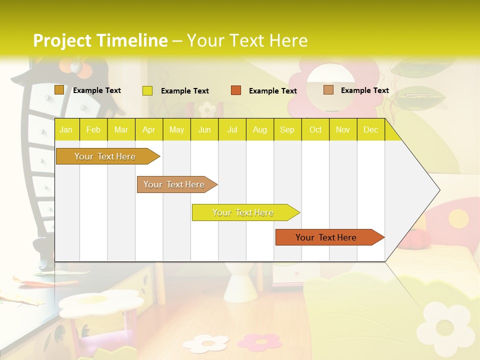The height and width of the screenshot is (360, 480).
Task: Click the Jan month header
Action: coord(66,130)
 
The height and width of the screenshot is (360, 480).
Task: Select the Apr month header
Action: coord(149,130)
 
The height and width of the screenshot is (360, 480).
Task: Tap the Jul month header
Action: coord(232,130)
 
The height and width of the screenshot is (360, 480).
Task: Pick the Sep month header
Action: coord(287,130)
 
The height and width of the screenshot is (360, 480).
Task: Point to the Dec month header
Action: coord(370,130)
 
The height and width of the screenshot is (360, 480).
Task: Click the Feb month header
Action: coord(93,130)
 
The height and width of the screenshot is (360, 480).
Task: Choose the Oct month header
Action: coord(315,130)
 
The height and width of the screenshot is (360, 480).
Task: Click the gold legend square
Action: coord(59,90)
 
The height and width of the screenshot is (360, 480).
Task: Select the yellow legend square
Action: coord(147,90)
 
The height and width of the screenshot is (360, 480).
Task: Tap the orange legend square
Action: coord(236,90)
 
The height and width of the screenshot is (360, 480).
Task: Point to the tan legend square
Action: coord(328,90)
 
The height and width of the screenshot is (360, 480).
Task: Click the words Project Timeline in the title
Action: coord(100,40)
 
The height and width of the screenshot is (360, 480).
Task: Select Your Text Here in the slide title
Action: coord(247,40)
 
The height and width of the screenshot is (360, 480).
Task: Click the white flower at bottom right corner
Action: coord(443,327)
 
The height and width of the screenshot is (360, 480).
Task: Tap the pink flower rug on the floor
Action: coord(259,341)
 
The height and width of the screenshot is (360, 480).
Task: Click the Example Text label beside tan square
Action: coord(364,90)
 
